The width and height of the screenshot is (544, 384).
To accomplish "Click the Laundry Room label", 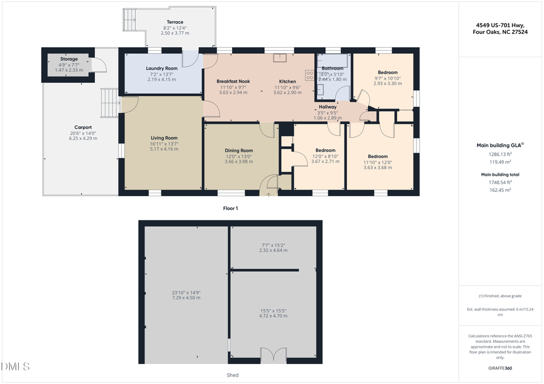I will click(161, 69).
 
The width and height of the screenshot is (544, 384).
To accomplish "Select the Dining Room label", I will click(239, 150).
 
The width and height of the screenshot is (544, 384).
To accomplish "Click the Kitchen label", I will click(287, 81).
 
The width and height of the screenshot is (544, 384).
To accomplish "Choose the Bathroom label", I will click(332, 69).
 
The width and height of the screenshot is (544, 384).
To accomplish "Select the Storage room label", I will click(68, 59).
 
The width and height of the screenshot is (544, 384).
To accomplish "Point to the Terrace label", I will click(175, 22).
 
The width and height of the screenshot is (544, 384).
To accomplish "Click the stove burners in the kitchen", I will click(310, 75).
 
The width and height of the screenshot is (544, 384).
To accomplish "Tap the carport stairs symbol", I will click(108, 103).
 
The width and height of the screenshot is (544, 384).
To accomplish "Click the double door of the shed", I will click(273, 356).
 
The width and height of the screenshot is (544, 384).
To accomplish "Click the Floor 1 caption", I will click(230, 208).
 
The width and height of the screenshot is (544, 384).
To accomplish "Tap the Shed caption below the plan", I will click(233, 375).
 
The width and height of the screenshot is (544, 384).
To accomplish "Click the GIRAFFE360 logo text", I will click(500, 368).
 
